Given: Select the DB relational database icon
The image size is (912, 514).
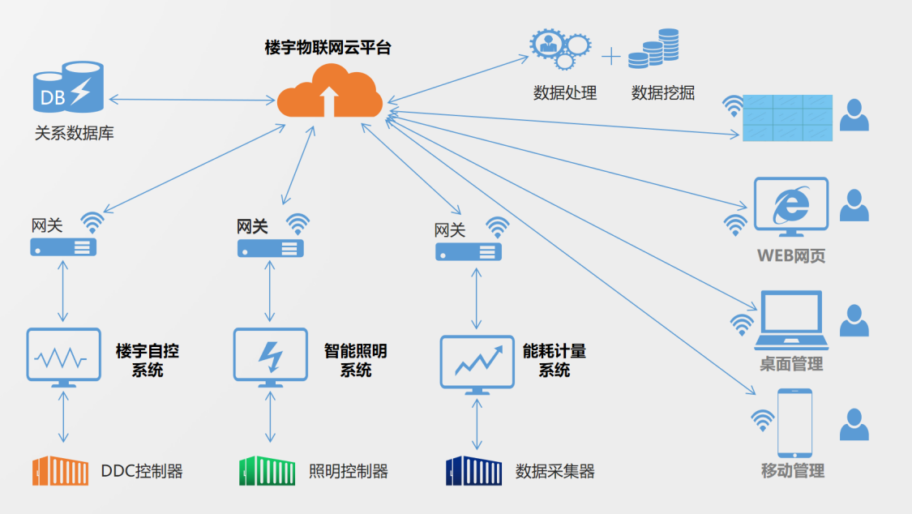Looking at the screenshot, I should pyautogui.click(x=68, y=88).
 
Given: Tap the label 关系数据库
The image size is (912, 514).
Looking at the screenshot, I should pyautogui.click(x=75, y=133).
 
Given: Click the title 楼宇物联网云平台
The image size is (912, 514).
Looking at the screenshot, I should pyautogui.click(x=328, y=48).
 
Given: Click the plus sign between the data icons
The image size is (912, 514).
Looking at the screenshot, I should pyautogui.click(x=610, y=57).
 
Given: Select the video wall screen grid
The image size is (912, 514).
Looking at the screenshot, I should pyautogui.click(x=787, y=118).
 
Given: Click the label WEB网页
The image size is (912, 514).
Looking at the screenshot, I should pyautogui.click(x=791, y=256).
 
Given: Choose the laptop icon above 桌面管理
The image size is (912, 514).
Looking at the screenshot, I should pyautogui.click(x=791, y=322).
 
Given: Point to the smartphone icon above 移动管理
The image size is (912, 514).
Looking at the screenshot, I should pyautogui.click(x=794, y=422).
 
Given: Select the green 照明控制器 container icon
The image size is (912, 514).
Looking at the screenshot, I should pyautogui.click(x=268, y=470).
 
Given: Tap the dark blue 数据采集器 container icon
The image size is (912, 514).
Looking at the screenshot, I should pyautogui.click(x=474, y=470).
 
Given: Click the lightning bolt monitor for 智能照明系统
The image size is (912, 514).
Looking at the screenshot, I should pyautogui.click(x=270, y=357).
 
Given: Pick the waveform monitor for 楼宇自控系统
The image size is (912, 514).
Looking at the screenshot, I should pyautogui.click(x=63, y=357).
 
